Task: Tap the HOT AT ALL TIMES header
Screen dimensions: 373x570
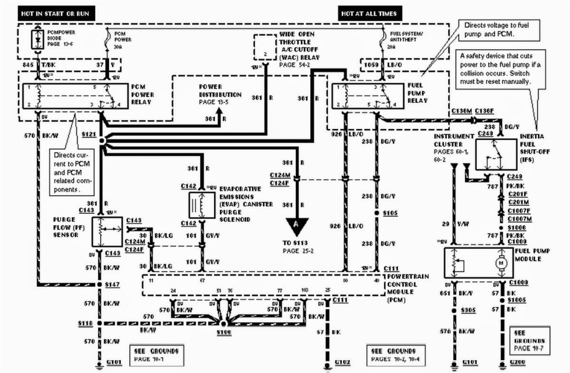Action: [x=369, y=13]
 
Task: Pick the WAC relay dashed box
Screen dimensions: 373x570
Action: [x=265, y=46]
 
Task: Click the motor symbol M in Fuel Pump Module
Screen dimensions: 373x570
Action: [x=502, y=263]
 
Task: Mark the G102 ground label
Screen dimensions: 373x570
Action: [x=342, y=363]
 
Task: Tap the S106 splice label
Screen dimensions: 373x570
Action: [x=223, y=333]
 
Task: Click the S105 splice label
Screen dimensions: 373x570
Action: [x=390, y=213]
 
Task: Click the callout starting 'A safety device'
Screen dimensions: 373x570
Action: [x=498, y=68]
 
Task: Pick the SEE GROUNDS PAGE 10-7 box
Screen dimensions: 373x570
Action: [x=529, y=341]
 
